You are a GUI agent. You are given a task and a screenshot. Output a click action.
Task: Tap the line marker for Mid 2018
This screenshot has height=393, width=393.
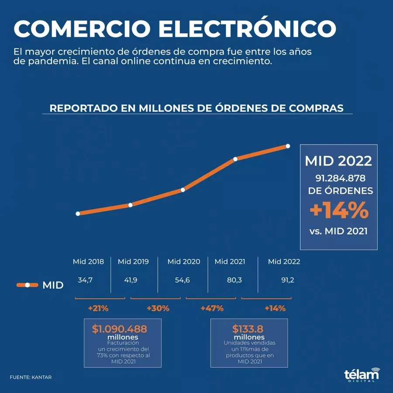78,214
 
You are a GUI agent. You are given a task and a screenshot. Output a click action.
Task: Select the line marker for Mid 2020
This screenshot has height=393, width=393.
183,190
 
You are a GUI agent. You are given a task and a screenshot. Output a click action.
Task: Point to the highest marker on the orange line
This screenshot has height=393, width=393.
288,146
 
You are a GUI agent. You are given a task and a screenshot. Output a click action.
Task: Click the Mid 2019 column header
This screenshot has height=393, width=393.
133,262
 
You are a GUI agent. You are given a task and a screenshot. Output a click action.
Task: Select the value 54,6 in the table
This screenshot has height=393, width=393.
182,280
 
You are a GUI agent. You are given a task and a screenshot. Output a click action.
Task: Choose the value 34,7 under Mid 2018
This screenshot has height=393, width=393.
85,280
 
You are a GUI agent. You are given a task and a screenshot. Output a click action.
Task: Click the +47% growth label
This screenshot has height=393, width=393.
212,308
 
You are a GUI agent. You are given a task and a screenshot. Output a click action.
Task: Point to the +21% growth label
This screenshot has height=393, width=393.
98,308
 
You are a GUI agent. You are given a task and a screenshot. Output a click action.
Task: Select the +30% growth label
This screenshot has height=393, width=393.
158,308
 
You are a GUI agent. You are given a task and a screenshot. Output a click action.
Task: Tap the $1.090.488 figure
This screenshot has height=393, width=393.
119,329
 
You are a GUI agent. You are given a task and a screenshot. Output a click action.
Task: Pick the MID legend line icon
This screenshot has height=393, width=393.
28,285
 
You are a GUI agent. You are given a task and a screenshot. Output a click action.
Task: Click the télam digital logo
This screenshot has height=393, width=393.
362,376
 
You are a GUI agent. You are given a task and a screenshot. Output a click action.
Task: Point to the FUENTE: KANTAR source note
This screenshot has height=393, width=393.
31,377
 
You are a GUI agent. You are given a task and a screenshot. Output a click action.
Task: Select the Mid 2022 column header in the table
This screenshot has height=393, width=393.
284,262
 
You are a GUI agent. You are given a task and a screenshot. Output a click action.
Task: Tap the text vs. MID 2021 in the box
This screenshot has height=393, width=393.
339,231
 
